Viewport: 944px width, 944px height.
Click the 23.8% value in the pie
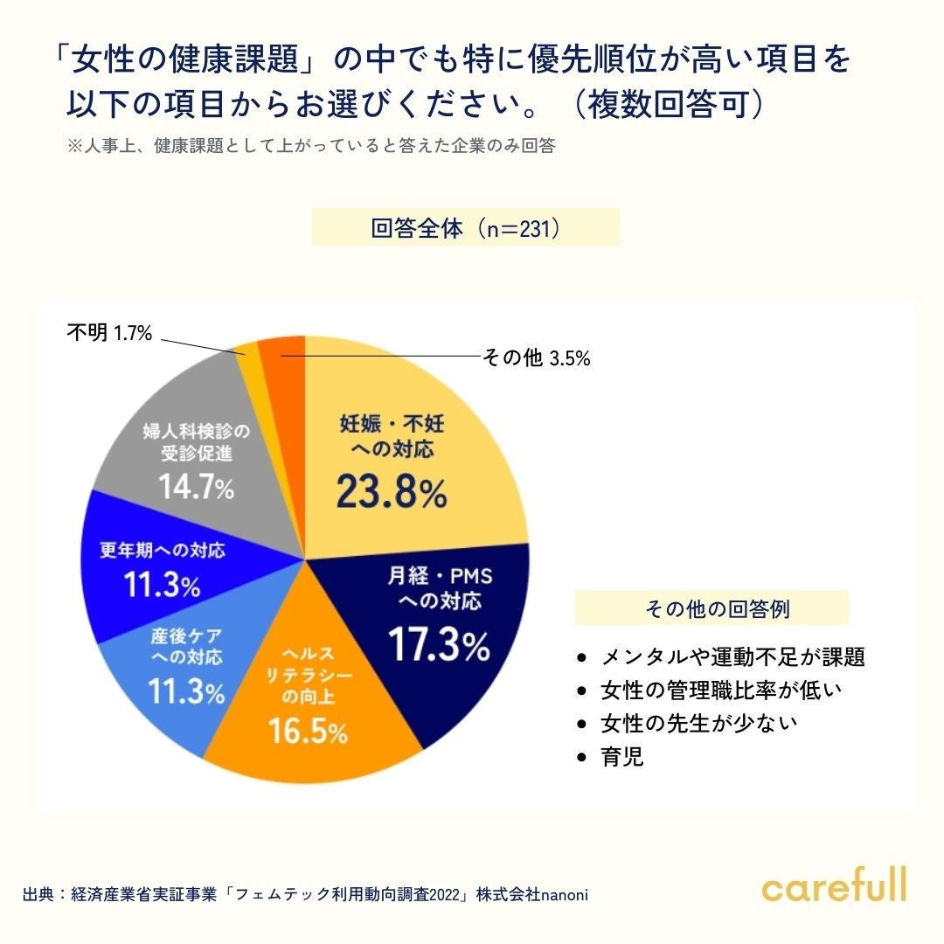click(391, 494)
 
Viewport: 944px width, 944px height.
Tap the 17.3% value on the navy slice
click(439, 645)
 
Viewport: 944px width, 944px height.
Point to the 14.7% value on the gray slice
click(196, 488)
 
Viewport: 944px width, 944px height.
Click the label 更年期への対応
click(163, 551)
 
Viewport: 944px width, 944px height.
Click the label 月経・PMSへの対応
click(439, 588)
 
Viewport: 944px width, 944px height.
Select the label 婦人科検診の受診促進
click(196, 442)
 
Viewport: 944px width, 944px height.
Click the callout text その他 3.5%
click(537, 357)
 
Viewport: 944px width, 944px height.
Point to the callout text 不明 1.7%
click(109, 333)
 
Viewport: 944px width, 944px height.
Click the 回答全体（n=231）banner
click(466, 228)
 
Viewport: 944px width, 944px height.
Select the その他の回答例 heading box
click(711, 608)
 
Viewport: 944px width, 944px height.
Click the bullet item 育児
click(622, 756)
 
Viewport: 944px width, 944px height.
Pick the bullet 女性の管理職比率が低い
click(720, 691)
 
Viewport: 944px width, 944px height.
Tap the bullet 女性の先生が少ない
click(699, 724)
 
